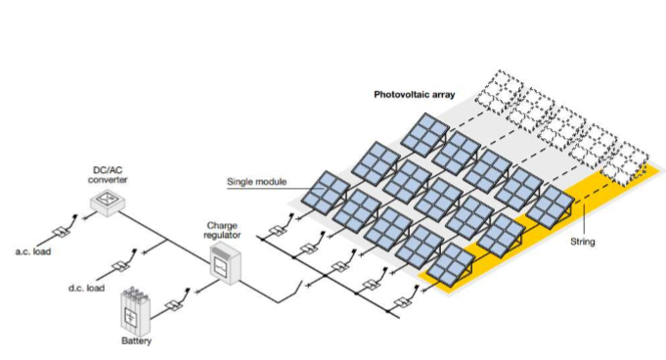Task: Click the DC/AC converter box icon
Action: [x=107, y=202]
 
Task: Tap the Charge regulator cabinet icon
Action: [x=226, y=263]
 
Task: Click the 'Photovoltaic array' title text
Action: [x=414, y=94]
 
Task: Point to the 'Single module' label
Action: [x=256, y=182]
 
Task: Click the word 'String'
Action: [x=582, y=242]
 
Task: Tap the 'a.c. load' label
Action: [x=33, y=251]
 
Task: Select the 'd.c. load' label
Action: [x=87, y=289]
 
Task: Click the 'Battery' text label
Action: [x=136, y=340]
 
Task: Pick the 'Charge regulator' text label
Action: [x=222, y=230]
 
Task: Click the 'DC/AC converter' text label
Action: [x=108, y=175]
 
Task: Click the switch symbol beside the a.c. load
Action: [x=62, y=231]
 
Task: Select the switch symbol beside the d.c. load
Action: [x=119, y=266]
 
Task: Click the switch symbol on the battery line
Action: [x=173, y=305]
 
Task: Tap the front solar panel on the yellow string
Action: [x=450, y=264]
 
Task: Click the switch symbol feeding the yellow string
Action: [x=402, y=302]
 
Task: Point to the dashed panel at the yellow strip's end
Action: [x=624, y=165]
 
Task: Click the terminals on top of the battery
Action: [x=135, y=292]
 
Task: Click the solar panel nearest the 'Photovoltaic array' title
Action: [x=424, y=135]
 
